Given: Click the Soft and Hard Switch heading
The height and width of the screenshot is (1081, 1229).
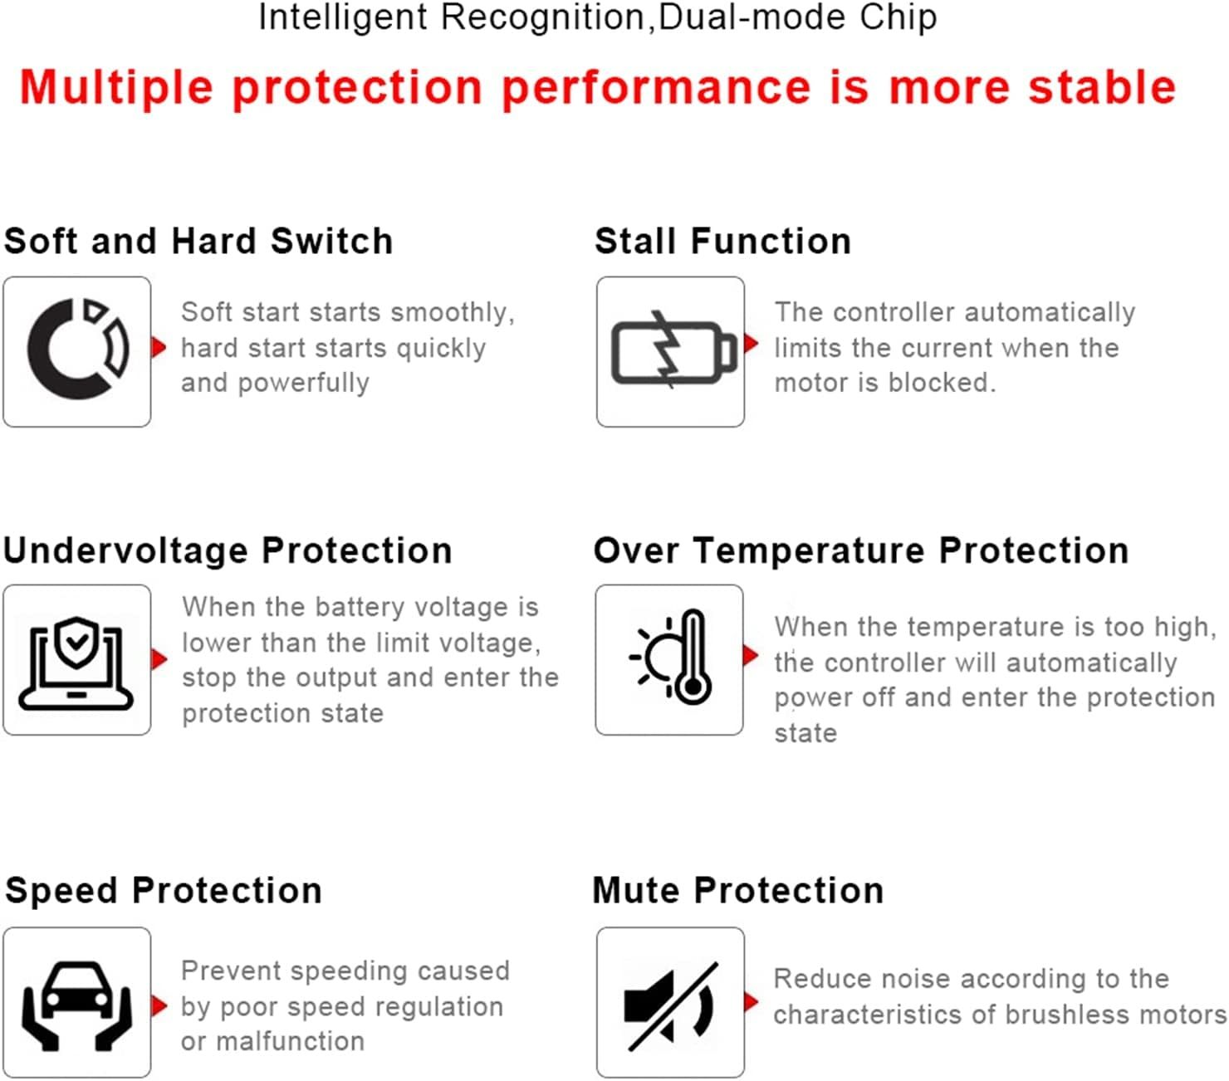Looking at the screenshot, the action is (x=198, y=241).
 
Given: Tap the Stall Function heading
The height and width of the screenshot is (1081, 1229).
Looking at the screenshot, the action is (x=722, y=241).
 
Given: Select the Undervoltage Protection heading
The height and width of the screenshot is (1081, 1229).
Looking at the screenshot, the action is (x=228, y=550).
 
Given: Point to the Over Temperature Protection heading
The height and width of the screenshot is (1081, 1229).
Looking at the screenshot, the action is (x=861, y=550).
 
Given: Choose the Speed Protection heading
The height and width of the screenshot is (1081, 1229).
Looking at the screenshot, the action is (x=164, y=891).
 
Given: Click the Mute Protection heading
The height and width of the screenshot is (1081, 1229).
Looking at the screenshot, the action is (x=737, y=891).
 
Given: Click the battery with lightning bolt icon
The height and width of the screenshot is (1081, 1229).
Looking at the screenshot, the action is (x=674, y=350).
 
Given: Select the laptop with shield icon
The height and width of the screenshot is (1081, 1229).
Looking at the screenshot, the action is (x=76, y=663).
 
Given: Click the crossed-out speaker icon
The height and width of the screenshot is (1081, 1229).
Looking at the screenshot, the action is (x=671, y=1006).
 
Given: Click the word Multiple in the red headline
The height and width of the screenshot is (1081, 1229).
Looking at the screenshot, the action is (x=116, y=87).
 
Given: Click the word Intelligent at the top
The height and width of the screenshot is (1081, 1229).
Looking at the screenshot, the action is (x=343, y=17).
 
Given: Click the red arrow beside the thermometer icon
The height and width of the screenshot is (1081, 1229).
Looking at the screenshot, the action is (x=751, y=655).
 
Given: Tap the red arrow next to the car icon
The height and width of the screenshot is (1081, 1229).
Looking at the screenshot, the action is (x=159, y=1005).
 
